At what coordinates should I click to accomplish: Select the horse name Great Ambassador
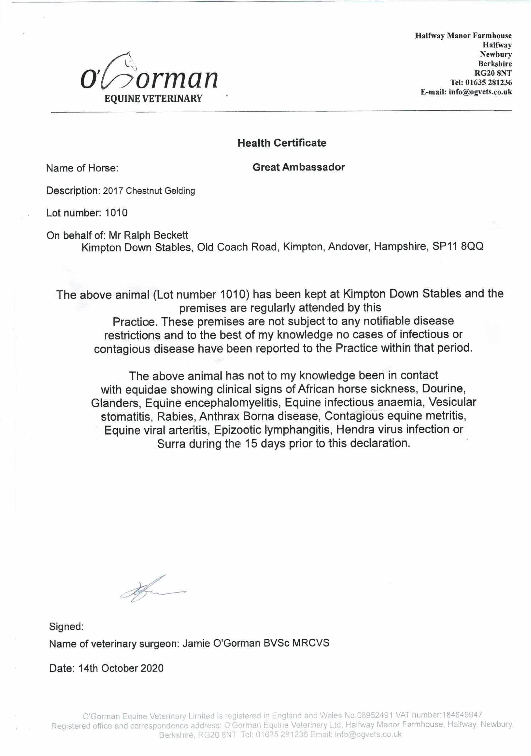pyautogui.click(x=298, y=167)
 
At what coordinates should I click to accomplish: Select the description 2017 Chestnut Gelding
pyautogui.click(x=149, y=191)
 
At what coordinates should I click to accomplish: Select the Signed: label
pyautogui.click(x=66, y=626)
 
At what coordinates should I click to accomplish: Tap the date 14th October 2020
pyautogui.click(x=121, y=668)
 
